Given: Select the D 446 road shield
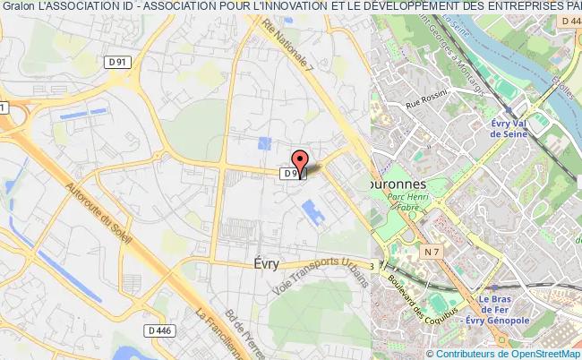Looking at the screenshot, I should point(160,330).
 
